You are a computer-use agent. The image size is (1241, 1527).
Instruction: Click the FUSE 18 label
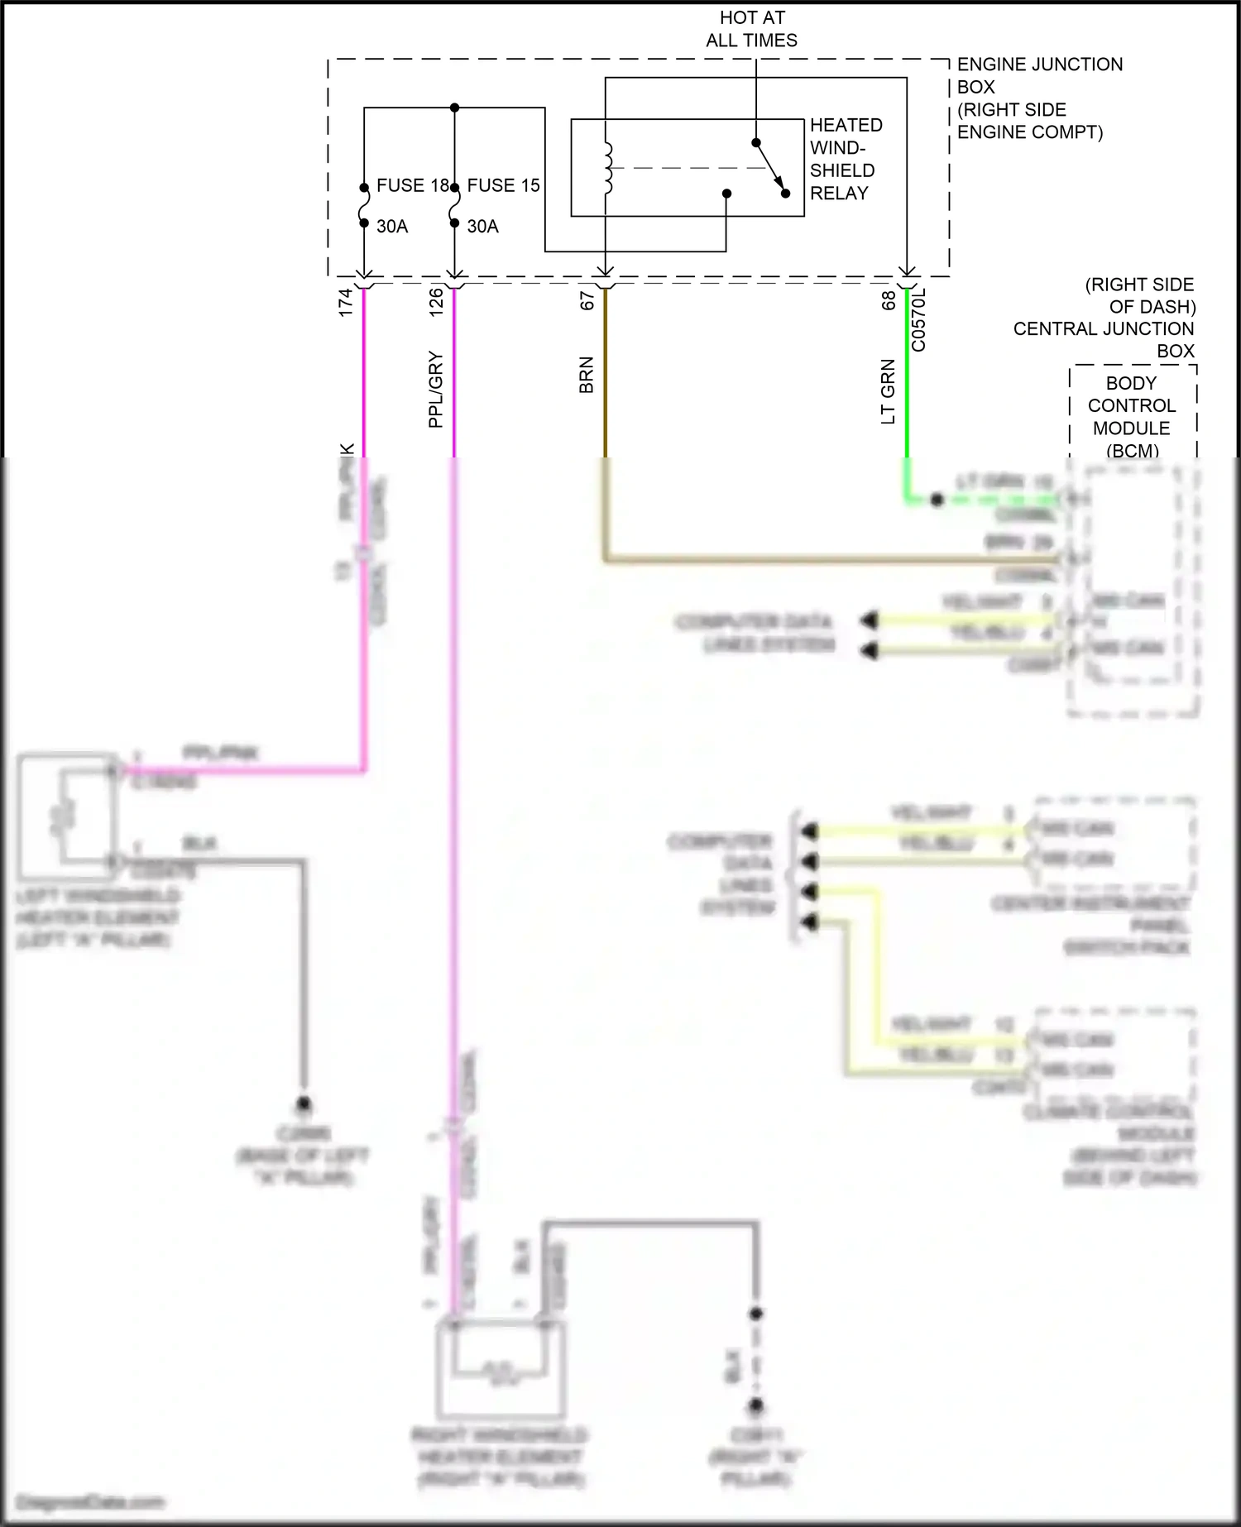(412, 185)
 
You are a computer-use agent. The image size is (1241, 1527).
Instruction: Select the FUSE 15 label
(503, 185)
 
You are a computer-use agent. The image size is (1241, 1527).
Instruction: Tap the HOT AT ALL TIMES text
(751, 29)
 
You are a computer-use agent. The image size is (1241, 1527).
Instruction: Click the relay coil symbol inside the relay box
(609, 168)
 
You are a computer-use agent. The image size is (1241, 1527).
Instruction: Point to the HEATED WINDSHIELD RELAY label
(845, 159)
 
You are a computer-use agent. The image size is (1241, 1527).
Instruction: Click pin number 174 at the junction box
(346, 302)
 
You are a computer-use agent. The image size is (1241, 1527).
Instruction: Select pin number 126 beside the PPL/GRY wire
(436, 302)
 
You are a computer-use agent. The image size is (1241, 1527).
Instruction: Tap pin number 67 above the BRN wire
(587, 301)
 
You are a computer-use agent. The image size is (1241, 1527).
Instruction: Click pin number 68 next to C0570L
(889, 301)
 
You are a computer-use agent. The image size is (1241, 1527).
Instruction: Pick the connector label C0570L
(918, 321)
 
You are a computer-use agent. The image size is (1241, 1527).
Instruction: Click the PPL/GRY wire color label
(436, 390)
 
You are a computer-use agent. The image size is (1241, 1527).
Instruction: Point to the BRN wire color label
(587, 375)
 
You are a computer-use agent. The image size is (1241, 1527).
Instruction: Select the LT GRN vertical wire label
(889, 392)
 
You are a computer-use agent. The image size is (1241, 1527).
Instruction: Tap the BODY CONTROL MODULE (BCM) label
(1131, 417)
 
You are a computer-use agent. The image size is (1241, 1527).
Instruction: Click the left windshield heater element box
(68, 816)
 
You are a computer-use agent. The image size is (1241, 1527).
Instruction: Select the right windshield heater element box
(501, 1369)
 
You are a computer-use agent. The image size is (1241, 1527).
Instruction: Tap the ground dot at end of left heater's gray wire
(304, 1103)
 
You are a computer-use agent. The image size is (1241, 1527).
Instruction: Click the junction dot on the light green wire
(937, 500)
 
